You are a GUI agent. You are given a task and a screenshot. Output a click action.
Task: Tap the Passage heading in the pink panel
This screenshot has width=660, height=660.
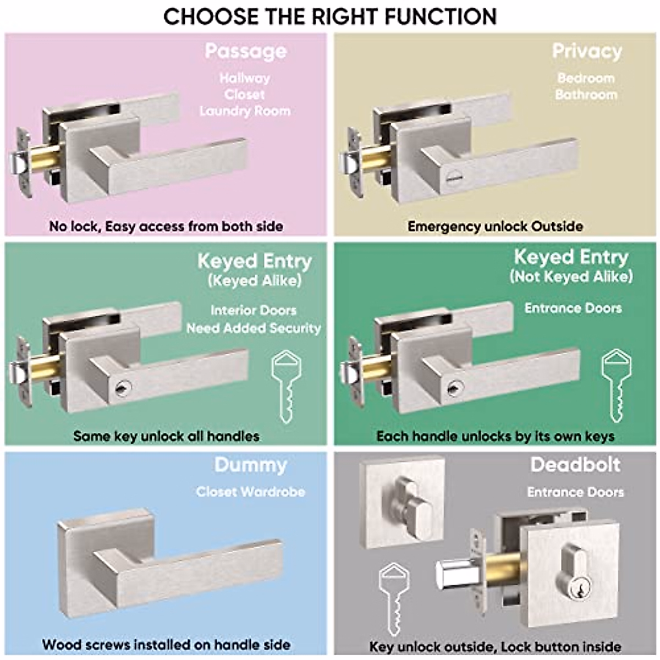(246, 51)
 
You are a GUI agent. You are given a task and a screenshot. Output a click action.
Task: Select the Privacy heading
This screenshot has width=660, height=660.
(586, 51)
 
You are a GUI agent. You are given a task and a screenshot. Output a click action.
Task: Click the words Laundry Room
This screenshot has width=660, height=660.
(245, 111)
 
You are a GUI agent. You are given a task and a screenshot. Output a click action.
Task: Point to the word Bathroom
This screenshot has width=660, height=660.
(586, 95)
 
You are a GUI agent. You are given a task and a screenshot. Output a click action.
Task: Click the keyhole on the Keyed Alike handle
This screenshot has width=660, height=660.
(120, 389)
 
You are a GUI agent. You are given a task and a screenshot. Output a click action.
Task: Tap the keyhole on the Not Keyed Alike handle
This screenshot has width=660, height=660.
(452, 388)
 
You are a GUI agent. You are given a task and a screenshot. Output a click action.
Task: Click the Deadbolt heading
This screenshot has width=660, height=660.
(575, 465)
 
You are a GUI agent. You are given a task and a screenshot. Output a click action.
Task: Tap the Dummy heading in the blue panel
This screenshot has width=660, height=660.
(250, 465)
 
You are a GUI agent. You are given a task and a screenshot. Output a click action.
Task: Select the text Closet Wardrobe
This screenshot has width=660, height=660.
(250, 492)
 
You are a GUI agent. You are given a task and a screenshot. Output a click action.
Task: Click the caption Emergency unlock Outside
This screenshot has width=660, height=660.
(495, 226)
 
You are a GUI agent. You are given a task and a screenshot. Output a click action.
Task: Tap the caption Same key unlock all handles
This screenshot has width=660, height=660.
(166, 436)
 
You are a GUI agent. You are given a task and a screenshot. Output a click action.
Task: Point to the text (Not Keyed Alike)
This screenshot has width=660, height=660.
(571, 276)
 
